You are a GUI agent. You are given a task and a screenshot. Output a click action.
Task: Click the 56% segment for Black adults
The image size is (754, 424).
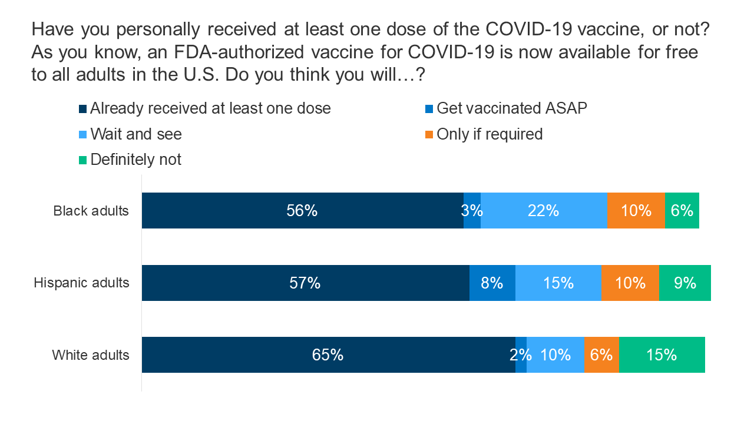[x=302, y=210]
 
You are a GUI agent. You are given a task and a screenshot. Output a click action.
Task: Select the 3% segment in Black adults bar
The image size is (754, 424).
[x=472, y=210]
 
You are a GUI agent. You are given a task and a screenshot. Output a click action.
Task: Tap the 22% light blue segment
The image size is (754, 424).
[x=544, y=210]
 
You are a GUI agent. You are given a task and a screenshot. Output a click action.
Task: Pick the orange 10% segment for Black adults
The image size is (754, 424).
[x=636, y=210]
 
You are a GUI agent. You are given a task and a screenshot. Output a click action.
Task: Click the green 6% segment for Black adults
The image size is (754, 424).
[x=682, y=210]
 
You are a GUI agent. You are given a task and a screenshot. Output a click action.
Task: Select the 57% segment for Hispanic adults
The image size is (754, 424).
[x=305, y=283]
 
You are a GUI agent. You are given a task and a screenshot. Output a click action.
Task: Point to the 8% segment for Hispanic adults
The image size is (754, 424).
[x=492, y=283]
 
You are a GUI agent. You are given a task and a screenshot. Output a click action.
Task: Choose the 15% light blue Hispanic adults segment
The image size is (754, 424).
[x=558, y=283]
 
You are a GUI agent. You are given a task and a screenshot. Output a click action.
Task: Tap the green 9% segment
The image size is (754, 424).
[x=685, y=283]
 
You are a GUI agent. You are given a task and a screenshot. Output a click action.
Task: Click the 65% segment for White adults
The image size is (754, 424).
[x=328, y=355]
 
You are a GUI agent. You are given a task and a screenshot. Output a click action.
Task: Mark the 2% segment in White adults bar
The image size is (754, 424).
[x=521, y=355]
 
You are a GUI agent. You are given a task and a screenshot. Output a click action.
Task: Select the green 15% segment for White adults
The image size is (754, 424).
[x=662, y=355]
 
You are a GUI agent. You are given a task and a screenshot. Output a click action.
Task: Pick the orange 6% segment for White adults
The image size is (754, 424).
[x=601, y=355]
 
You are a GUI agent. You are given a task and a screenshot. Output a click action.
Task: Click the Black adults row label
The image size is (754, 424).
[x=91, y=211]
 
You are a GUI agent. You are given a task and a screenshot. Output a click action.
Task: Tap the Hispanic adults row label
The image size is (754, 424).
[x=81, y=283]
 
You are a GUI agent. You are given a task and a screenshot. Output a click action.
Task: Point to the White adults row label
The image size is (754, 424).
[x=90, y=355]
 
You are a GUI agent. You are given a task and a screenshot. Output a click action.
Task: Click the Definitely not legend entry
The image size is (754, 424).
[x=135, y=160]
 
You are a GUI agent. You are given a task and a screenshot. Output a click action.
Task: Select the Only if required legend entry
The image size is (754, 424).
[x=489, y=134]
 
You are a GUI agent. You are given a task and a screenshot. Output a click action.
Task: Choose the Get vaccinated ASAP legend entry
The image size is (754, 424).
[x=511, y=108]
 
